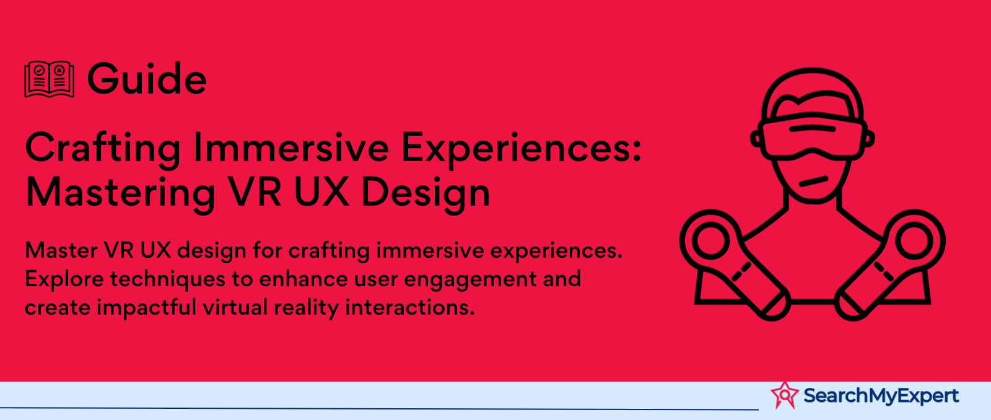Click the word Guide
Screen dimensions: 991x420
[x=147, y=79]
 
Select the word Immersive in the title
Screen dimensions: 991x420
[x=291, y=147]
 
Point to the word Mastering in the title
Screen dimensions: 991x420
[x=120, y=193]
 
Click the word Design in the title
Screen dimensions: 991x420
[x=426, y=193]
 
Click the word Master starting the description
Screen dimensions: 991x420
[x=61, y=250]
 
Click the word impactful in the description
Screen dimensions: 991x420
[x=146, y=307]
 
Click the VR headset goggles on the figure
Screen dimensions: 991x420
[x=812, y=136]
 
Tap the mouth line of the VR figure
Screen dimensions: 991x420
[x=813, y=182]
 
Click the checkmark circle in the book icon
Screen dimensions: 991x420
[x=40, y=70]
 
